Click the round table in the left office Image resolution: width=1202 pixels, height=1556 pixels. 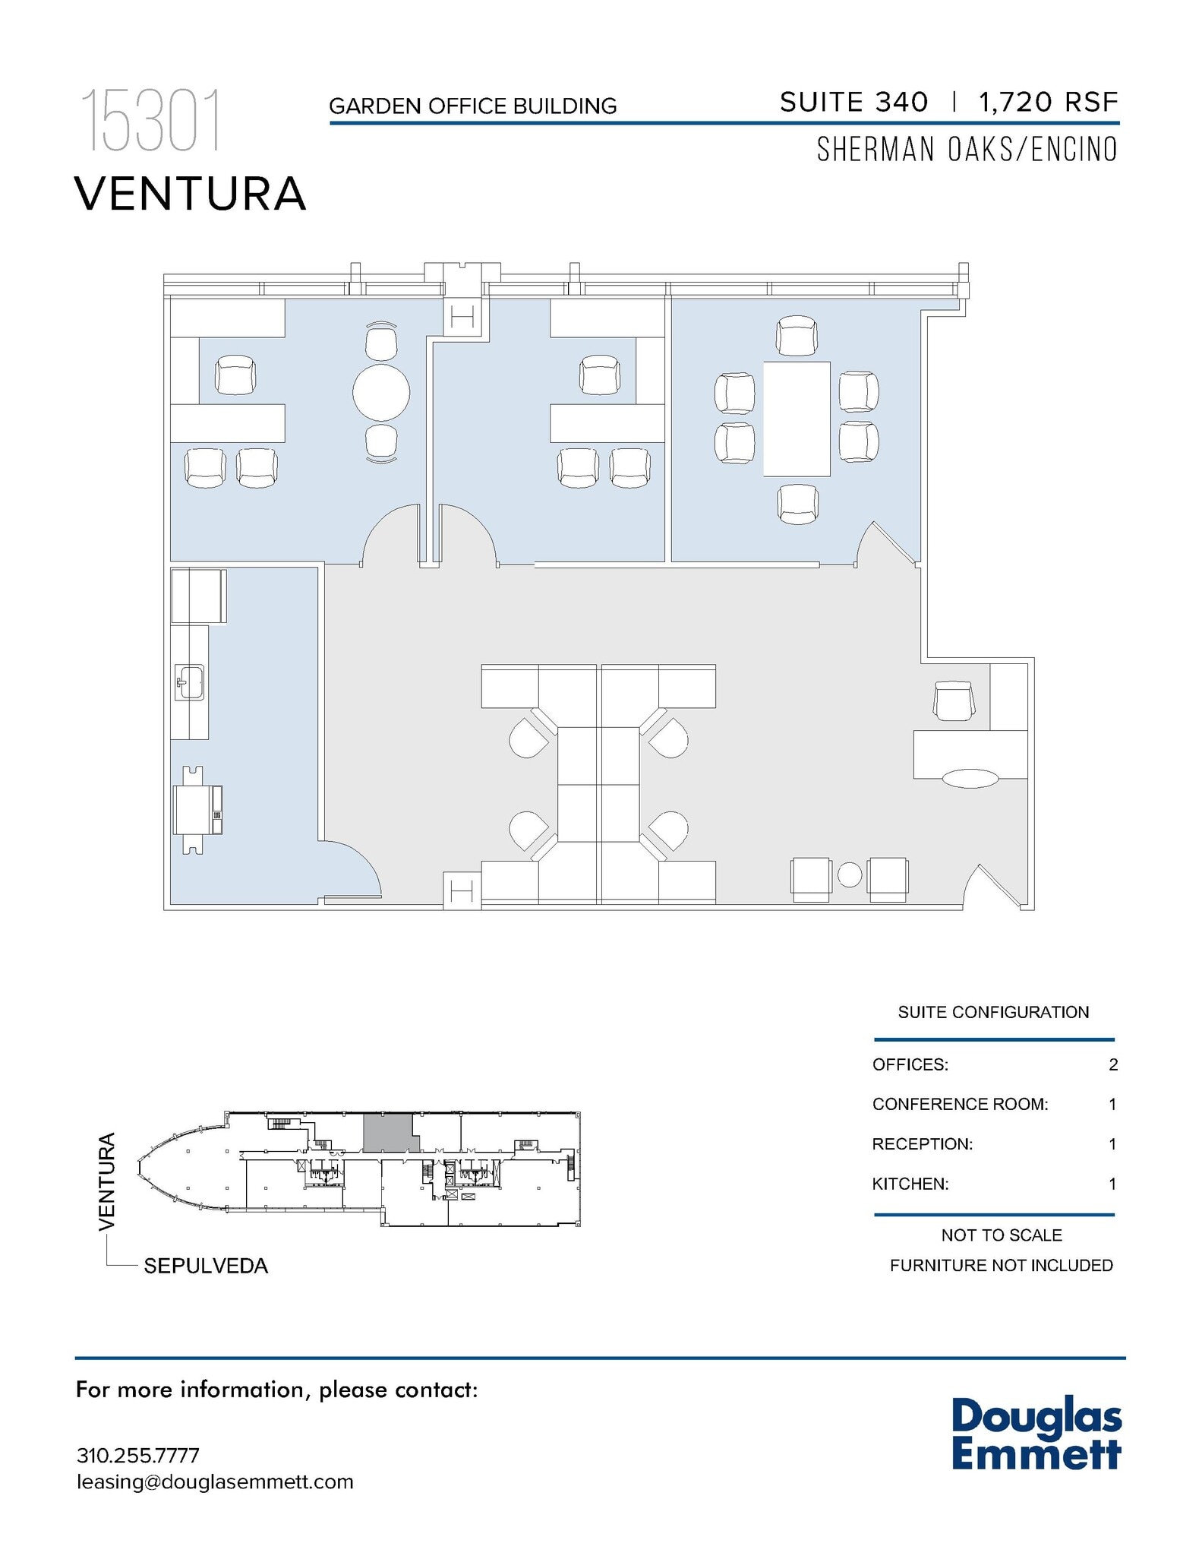(381, 393)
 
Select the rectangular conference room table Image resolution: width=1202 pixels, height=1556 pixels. (797, 419)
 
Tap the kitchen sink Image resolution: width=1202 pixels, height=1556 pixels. (189, 682)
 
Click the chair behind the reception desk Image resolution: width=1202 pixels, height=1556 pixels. (954, 701)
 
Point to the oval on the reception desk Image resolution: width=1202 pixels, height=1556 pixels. (970, 778)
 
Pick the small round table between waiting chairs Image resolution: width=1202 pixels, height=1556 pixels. (850, 875)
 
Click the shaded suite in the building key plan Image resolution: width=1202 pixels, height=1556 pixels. (387, 1133)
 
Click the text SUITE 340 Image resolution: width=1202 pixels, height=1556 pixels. (853, 102)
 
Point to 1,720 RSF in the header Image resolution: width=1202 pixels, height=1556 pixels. (1049, 102)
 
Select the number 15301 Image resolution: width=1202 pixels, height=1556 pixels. (152, 121)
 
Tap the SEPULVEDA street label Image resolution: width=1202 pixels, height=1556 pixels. (206, 1266)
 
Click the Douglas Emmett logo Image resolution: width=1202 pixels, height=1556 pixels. (1036, 1433)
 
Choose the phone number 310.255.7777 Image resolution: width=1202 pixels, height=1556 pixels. (138, 1456)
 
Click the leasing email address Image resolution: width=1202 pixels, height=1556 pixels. (215, 1482)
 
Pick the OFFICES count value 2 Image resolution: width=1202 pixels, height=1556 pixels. (1112, 1064)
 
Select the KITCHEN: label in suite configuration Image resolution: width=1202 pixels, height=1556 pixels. (910, 1184)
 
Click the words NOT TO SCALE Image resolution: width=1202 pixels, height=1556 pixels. (1001, 1235)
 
